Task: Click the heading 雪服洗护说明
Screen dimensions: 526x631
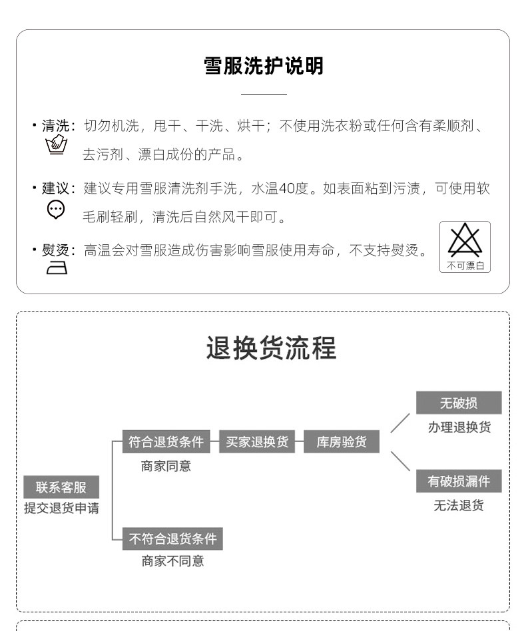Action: click(264, 66)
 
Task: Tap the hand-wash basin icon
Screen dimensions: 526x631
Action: click(56, 144)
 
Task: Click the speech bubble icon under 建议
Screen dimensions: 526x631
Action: click(55, 209)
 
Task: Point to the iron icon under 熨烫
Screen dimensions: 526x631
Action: click(57, 268)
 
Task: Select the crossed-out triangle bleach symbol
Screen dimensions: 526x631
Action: click(465, 240)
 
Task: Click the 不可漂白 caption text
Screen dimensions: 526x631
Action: click(465, 266)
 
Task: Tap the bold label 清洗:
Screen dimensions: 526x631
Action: click(59, 126)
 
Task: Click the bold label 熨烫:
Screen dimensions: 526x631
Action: click(59, 250)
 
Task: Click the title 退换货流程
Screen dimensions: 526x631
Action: click(271, 347)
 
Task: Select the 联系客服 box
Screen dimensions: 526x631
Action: click(61, 487)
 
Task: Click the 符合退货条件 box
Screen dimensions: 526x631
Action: click(166, 441)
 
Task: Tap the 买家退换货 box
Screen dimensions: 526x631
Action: click(257, 441)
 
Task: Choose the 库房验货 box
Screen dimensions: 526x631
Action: click(342, 441)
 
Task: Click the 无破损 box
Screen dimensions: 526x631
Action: click(459, 403)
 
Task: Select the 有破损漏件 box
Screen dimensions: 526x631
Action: click(459, 481)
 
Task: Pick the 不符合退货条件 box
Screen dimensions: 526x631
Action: click(172, 538)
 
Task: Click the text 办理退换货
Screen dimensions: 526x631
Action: click(459, 427)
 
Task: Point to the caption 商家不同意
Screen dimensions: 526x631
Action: click(172, 561)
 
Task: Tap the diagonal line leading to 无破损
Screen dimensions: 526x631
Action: click(400, 423)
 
